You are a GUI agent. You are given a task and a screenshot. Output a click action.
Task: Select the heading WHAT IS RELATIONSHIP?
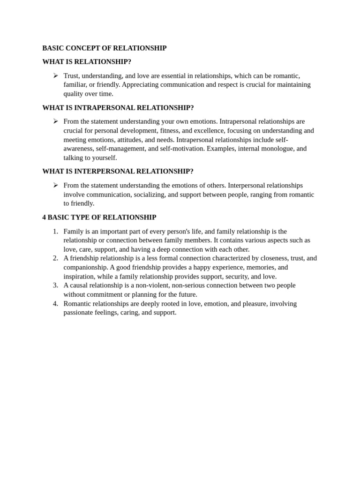pos(87,62)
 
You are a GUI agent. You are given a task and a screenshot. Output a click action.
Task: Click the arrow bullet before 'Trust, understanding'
pos(55,75)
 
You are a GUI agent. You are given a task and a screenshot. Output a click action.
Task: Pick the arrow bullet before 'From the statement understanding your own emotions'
pos(55,121)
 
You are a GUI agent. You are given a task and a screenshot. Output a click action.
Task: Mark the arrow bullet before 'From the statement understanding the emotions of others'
pos(55,185)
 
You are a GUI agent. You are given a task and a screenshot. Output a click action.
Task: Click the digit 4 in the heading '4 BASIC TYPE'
pos(44,217)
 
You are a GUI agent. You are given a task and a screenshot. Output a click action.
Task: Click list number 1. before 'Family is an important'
pos(55,231)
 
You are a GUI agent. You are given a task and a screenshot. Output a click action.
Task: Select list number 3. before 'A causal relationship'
pos(55,285)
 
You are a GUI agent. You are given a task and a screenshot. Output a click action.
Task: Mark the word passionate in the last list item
pos(79,313)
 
